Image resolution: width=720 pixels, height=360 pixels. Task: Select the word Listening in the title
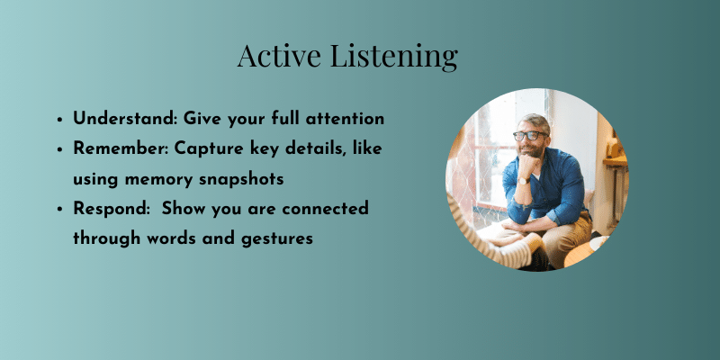pyautogui.click(x=394, y=58)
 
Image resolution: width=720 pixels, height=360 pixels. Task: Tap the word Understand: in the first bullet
pyautogui.click(x=125, y=119)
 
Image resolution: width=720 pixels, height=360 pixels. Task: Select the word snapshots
pyautogui.click(x=241, y=179)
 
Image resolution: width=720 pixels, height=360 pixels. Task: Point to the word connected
pyautogui.click(x=325, y=209)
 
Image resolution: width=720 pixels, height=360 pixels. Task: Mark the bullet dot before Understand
pyautogui.click(x=59, y=120)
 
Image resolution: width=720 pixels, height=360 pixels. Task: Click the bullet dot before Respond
pyautogui.click(x=59, y=210)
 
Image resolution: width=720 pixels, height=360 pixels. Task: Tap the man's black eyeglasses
pyautogui.click(x=530, y=136)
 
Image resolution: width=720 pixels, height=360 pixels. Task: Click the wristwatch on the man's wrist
pyautogui.click(x=523, y=180)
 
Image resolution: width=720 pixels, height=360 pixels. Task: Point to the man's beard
pyautogui.click(x=532, y=149)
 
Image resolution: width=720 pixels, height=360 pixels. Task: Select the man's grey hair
pyautogui.click(x=535, y=121)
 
